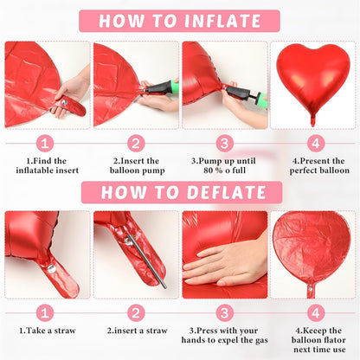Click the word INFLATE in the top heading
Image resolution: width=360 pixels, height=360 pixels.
(x=222, y=21)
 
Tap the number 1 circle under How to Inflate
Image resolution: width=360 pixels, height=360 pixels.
(x=45, y=143)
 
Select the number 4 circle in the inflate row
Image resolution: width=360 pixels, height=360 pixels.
(x=316, y=143)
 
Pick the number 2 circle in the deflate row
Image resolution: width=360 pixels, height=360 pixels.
(x=136, y=313)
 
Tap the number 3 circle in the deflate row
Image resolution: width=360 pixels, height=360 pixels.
(x=224, y=313)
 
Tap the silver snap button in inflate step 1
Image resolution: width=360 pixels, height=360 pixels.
(x=65, y=102)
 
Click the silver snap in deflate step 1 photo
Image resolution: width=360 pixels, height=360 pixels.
(x=51, y=269)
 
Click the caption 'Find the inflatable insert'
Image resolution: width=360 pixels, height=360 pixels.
(x=47, y=165)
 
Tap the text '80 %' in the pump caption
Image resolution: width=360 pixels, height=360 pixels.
(x=213, y=170)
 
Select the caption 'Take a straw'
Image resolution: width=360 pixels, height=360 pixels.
(x=47, y=331)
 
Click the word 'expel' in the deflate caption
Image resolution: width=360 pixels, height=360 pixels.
(x=228, y=340)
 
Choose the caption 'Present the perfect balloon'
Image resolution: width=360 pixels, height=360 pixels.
(x=319, y=165)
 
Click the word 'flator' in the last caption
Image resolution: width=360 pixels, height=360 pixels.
(x=333, y=340)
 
